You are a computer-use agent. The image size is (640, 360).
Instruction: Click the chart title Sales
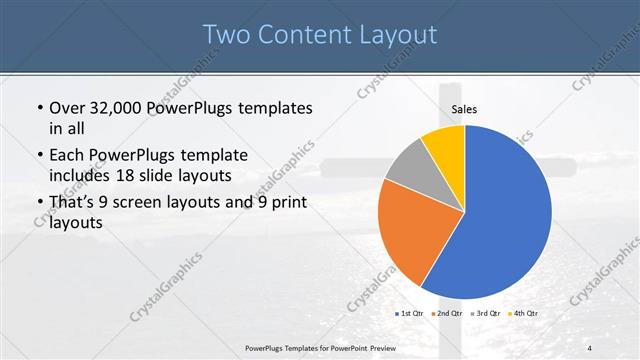click(465, 109)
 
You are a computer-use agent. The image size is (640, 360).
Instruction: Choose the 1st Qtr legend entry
click(411, 314)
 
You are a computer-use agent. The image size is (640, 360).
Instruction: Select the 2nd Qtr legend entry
click(446, 314)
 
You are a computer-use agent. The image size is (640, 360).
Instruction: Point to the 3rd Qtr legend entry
click(485, 314)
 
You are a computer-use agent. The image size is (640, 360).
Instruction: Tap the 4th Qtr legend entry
click(523, 314)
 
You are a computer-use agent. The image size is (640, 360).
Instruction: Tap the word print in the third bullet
click(284, 202)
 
